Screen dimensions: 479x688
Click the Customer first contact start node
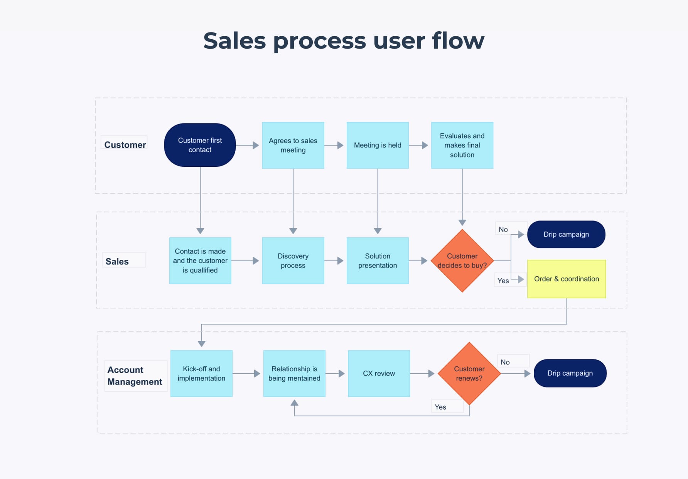click(x=200, y=145)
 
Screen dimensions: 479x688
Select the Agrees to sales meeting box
click(x=293, y=146)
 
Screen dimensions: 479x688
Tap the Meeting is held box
click(x=378, y=146)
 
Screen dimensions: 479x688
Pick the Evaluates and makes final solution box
click(x=462, y=146)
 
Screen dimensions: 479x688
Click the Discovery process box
click(x=293, y=261)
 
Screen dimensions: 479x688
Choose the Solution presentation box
click(x=378, y=261)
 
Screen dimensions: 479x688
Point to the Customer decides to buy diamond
click(x=462, y=261)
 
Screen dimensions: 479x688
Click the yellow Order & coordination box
click(x=567, y=279)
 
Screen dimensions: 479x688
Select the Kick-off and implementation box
click(x=201, y=374)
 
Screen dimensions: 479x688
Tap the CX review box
click(x=379, y=374)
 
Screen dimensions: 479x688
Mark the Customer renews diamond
click(x=469, y=374)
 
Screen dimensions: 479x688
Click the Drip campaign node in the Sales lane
click(x=566, y=234)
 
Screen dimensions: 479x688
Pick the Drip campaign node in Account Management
click(x=570, y=373)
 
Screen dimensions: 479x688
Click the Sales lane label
click(x=117, y=261)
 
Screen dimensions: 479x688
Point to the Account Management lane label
click(x=135, y=376)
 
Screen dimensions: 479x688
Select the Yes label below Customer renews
click(x=440, y=407)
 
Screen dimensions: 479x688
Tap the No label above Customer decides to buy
click(x=503, y=229)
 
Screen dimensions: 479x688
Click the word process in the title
click(x=319, y=41)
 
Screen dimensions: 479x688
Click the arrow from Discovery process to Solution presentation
click(x=335, y=261)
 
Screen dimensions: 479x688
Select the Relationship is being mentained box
click(x=294, y=374)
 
